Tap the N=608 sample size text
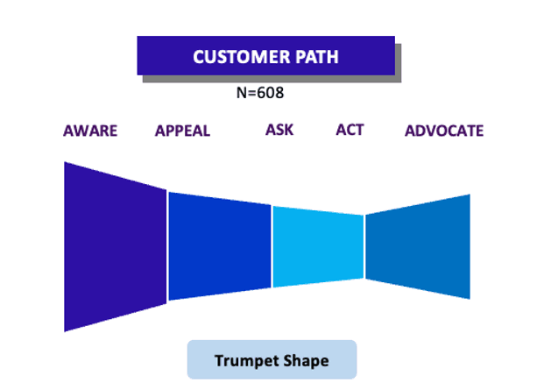[x=260, y=93]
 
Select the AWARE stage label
[x=90, y=131]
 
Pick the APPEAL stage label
[x=182, y=131]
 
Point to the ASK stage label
[x=279, y=130]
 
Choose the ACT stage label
[x=350, y=130]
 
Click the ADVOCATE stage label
[x=444, y=131]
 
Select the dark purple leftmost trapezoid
[x=115, y=247]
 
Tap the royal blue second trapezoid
[x=220, y=246]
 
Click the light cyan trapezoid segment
[x=318, y=247]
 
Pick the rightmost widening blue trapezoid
[x=418, y=246]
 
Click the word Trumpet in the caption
[x=242, y=361]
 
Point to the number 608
[x=270, y=93]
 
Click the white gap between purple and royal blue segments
[x=167, y=246]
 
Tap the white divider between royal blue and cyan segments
[x=272, y=246]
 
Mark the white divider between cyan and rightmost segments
[x=364, y=246]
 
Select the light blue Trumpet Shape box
[x=272, y=359]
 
